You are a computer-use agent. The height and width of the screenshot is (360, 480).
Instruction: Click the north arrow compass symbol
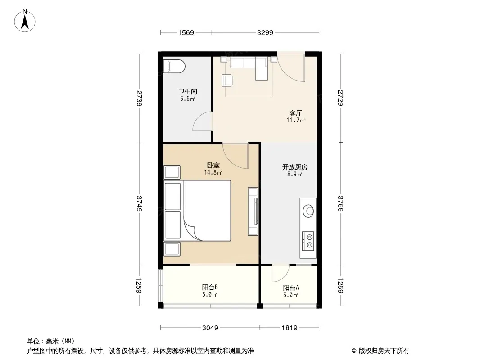pos(25,21)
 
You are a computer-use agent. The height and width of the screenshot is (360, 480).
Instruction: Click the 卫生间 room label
pos(188,91)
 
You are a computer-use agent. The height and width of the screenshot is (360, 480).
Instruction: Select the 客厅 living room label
pos(296,113)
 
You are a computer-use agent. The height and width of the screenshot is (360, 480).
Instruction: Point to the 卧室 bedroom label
pos(213,166)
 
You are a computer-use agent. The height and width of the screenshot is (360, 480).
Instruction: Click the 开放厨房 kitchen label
pos(294,167)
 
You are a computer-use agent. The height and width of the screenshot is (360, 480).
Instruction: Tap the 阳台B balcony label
pos(210,287)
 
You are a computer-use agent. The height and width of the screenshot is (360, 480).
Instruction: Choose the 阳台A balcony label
pos(291,288)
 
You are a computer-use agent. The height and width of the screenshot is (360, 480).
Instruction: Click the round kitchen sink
pos(308,211)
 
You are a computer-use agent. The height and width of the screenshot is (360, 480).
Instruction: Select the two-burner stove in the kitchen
pos(308,241)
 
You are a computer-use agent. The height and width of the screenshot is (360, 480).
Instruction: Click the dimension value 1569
pos(186,32)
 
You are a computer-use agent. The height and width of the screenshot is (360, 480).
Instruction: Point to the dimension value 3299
pos(265,32)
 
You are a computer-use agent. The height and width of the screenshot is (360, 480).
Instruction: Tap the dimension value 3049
pos(210,328)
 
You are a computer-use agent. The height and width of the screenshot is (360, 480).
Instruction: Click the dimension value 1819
pos(289,328)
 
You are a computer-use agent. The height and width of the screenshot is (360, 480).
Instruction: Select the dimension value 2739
pos(139,98)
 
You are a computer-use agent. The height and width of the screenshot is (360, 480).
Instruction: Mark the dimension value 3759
pos(340,203)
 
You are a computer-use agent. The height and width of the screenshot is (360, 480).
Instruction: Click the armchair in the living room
pos(227,80)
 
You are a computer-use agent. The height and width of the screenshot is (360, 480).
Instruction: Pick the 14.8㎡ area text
pos(213,172)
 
